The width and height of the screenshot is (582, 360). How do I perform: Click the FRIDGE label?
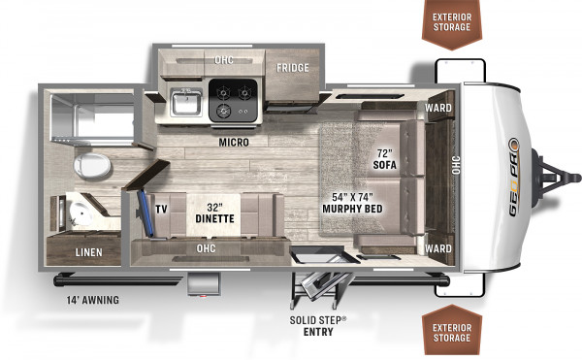click(x=293, y=68)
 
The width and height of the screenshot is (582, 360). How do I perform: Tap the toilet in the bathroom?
click(x=92, y=166)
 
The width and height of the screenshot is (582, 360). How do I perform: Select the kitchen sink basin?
click(x=186, y=102)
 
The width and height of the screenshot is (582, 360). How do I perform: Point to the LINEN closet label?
click(x=88, y=252)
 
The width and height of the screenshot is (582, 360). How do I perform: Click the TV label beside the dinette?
click(x=161, y=210)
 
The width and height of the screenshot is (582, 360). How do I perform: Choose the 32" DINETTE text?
click(x=214, y=213)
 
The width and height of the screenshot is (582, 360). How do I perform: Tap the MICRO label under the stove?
click(x=234, y=142)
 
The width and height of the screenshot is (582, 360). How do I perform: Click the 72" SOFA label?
click(x=385, y=159)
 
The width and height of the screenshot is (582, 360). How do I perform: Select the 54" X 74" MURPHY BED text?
click(x=352, y=203)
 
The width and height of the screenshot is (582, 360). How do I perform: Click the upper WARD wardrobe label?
click(x=438, y=108)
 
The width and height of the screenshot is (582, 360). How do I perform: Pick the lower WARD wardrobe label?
click(x=438, y=248)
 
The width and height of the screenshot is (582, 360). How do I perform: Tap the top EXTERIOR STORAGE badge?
click(x=452, y=23)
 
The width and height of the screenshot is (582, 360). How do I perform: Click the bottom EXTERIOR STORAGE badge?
click(x=452, y=332)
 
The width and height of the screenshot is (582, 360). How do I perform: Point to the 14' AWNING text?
click(x=93, y=300)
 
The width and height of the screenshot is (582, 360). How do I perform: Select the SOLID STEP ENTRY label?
click(x=318, y=325)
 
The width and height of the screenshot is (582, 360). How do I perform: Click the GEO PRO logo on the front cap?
click(x=514, y=177)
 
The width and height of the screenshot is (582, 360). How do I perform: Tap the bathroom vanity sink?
click(x=79, y=212)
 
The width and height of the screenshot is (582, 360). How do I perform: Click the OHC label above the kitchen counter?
click(x=224, y=59)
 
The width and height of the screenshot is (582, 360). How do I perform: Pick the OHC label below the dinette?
click(x=206, y=248)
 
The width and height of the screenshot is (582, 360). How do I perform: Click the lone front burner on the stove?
click(x=224, y=110)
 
